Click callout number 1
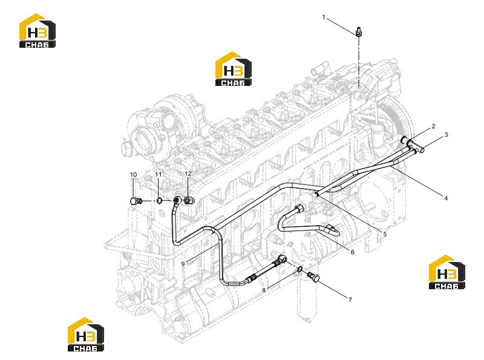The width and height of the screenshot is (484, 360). [324, 17]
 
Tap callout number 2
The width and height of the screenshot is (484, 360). [433, 126]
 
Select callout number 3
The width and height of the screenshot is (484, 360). [446, 134]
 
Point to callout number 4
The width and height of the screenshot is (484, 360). [446, 198]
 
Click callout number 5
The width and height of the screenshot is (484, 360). [385, 234]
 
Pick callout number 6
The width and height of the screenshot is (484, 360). [353, 252]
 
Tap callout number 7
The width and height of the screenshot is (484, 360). [350, 299]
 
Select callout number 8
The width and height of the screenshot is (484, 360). [264, 290]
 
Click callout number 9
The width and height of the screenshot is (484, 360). [183, 264]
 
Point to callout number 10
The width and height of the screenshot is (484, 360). [133, 175]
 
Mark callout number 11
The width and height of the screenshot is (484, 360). [159, 174]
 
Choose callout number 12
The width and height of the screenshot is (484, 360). [188, 174]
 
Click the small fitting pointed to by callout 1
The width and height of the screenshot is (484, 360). [358, 32]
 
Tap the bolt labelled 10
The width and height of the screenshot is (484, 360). [136, 201]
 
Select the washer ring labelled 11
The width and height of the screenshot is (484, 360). [159, 201]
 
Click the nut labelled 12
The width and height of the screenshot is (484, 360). [189, 201]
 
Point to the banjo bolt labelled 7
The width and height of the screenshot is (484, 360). [313, 277]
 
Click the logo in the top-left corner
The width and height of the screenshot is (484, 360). [38, 31]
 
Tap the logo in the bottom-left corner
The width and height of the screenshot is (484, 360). [86, 335]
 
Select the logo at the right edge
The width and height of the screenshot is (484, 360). [447, 272]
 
